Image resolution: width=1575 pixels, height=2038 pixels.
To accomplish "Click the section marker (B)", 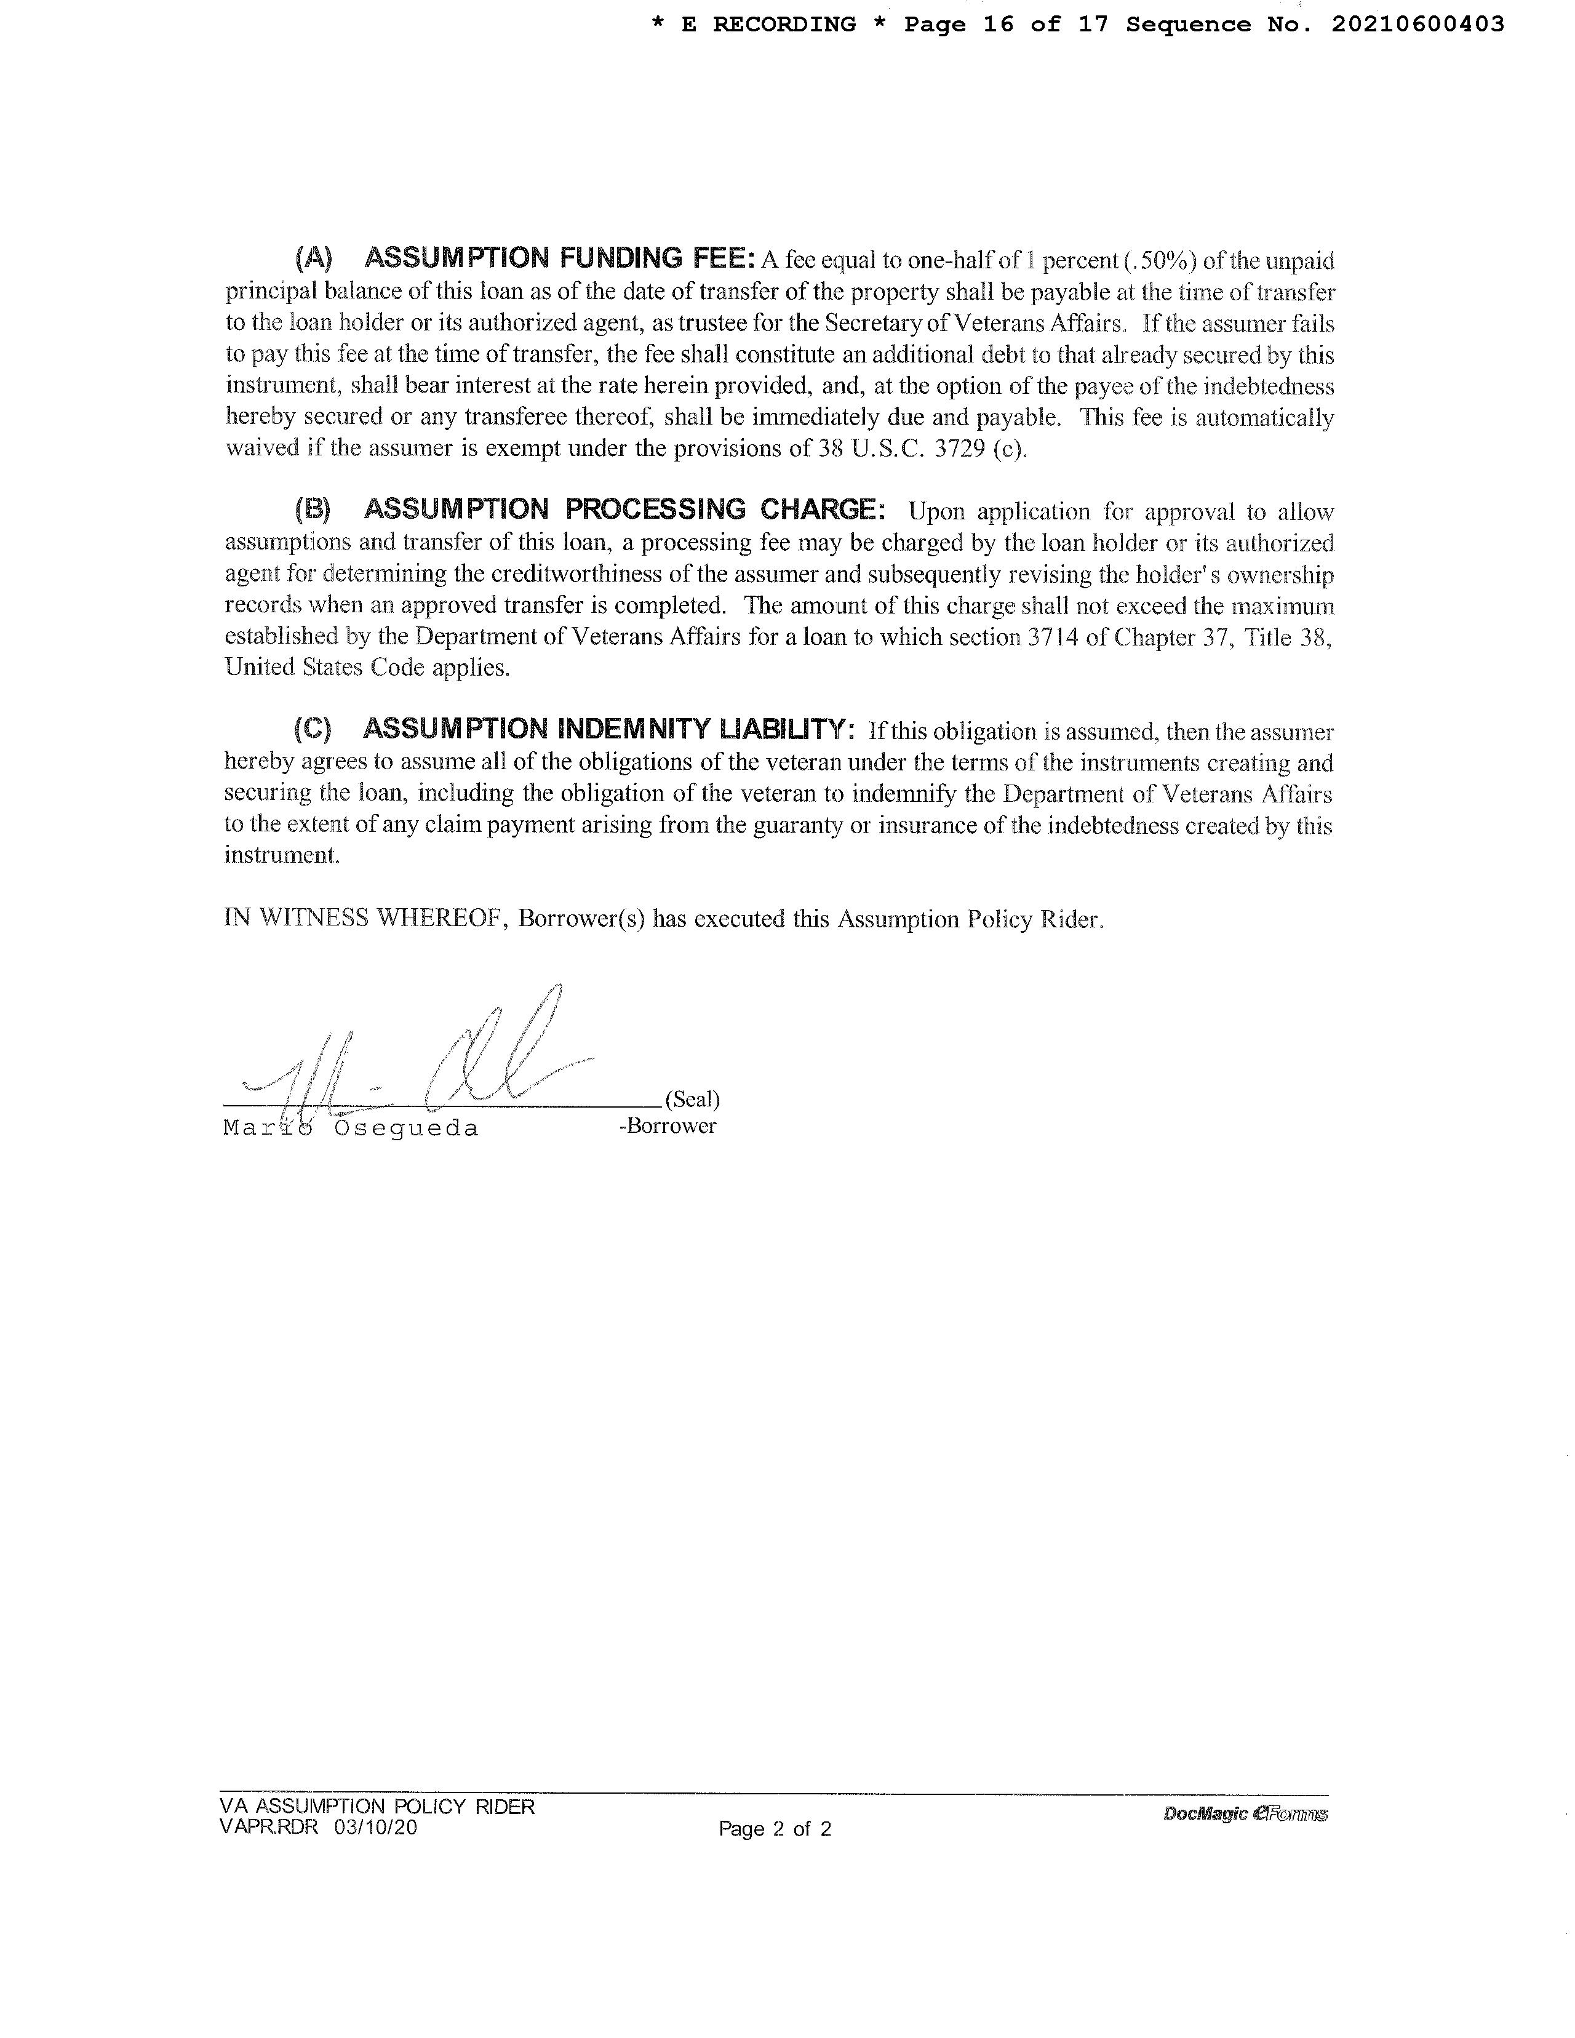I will (313, 509).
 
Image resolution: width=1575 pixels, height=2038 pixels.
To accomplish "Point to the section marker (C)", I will (313, 729).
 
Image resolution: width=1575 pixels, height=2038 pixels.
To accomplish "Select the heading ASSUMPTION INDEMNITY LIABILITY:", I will (608, 729).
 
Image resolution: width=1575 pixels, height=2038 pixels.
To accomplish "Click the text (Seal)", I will (692, 1099).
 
